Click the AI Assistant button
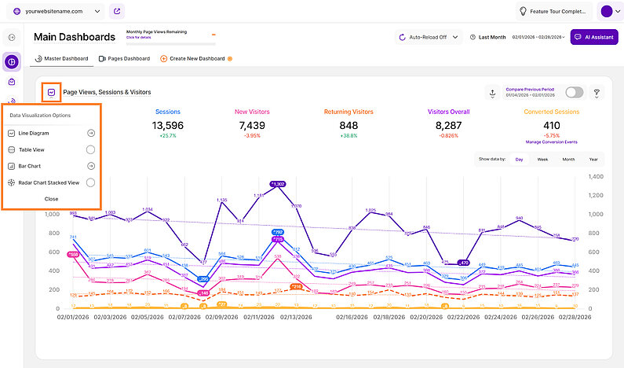[x=594, y=37]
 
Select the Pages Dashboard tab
[x=124, y=59]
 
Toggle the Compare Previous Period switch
[x=575, y=93]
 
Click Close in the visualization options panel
[x=51, y=199]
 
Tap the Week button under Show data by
[x=542, y=160]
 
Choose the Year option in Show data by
[x=593, y=160]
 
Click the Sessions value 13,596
[x=168, y=125]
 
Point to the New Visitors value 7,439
[x=253, y=125]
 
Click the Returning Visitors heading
[x=348, y=112]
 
